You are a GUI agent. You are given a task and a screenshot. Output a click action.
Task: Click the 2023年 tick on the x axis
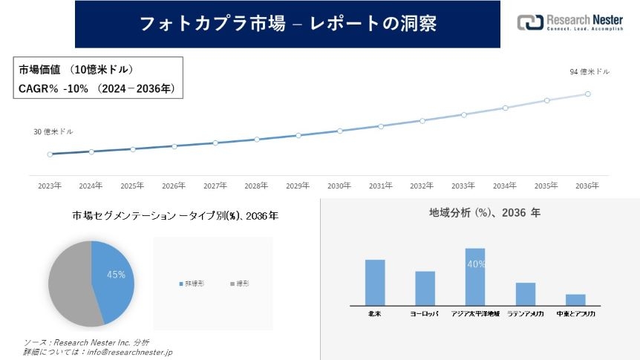click(x=50, y=186)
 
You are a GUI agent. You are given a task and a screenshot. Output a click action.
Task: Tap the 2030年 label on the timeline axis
click(x=339, y=186)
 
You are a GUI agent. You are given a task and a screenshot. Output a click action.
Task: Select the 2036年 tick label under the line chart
click(x=587, y=186)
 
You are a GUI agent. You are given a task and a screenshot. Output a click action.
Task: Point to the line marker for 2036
click(x=587, y=94)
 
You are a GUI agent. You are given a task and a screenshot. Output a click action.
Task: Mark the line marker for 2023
click(x=50, y=154)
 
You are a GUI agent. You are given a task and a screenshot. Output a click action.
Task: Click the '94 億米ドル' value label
click(x=590, y=72)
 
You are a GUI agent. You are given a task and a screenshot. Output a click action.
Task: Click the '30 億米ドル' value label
click(x=53, y=131)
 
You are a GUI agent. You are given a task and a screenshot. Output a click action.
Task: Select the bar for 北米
click(x=375, y=282)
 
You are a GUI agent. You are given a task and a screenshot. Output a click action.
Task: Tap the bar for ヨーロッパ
click(x=425, y=288)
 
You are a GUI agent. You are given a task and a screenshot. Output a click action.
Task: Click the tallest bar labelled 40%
click(x=475, y=277)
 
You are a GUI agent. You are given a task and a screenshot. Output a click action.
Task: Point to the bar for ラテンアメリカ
click(x=526, y=294)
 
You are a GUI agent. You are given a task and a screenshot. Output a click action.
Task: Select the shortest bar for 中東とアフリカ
click(x=575, y=300)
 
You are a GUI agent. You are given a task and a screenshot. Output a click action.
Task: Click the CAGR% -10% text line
click(x=97, y=88)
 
